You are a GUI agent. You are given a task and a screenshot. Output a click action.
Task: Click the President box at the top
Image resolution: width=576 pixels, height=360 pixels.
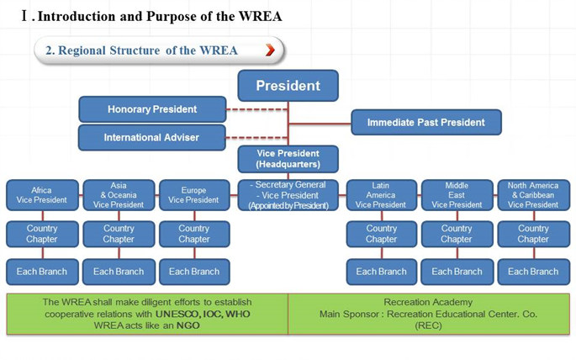pyautogui.click(x=288, y=86)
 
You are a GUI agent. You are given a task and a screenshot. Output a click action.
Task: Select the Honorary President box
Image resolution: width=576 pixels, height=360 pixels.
pyautogui.click(x=152, y=109)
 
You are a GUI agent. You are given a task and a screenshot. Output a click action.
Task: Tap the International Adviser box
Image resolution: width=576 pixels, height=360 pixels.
pyautogui.click(x=152, y=137)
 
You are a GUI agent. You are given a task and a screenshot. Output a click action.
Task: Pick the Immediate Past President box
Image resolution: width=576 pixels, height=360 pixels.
pyautogui.click(x=427, y=123)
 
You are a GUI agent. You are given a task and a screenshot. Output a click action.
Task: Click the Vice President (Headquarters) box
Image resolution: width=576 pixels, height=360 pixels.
pyautogui.click(x=288, y=159)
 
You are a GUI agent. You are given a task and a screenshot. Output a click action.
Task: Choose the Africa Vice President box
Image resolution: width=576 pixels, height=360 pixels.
pyautogui.click(x=42, y=196)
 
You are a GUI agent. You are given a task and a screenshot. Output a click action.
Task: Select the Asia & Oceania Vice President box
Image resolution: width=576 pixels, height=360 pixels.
pyautogui.click(x=119, y=195)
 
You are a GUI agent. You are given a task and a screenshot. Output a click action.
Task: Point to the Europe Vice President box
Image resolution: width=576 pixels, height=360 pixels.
pyautogui.click(x=193, y=195)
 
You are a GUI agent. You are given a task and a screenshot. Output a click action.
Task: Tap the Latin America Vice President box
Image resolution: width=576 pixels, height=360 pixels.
pyautogui.click(x=381, y=195)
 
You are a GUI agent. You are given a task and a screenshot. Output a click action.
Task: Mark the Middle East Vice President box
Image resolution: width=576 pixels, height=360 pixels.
pyautogui.click(x=457, y=195)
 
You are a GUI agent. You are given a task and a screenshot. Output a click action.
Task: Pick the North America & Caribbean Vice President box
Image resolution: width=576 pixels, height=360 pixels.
pyautogui.click(x=533, y=195)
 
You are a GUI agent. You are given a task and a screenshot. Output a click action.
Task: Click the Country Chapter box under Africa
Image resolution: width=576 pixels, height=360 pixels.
pyautogui.click(x=42, y=234)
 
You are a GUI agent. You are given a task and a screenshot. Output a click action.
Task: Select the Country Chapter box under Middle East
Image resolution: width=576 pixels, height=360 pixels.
pyautogui.click(x=457, y=234)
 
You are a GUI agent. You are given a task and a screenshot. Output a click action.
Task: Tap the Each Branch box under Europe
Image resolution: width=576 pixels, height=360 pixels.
pyautogui.click(x=193, y=271)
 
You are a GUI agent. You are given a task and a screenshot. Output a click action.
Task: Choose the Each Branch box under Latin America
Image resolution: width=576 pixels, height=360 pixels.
pyautogui.click(x=381, y=271)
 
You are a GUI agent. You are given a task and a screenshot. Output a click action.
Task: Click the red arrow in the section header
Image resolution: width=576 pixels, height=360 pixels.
pyautogui.click(x=269, y=50)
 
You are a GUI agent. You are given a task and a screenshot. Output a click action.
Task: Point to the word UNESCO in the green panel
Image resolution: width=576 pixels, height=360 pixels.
pyautogui.click(x=178, y=313)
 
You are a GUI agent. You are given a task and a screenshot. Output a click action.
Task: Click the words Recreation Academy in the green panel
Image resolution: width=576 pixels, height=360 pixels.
pyautogui.click(x=427, y=301)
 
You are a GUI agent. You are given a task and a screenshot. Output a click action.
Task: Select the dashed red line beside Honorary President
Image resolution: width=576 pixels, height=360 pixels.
pyautogui.click(x=257, y=109)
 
